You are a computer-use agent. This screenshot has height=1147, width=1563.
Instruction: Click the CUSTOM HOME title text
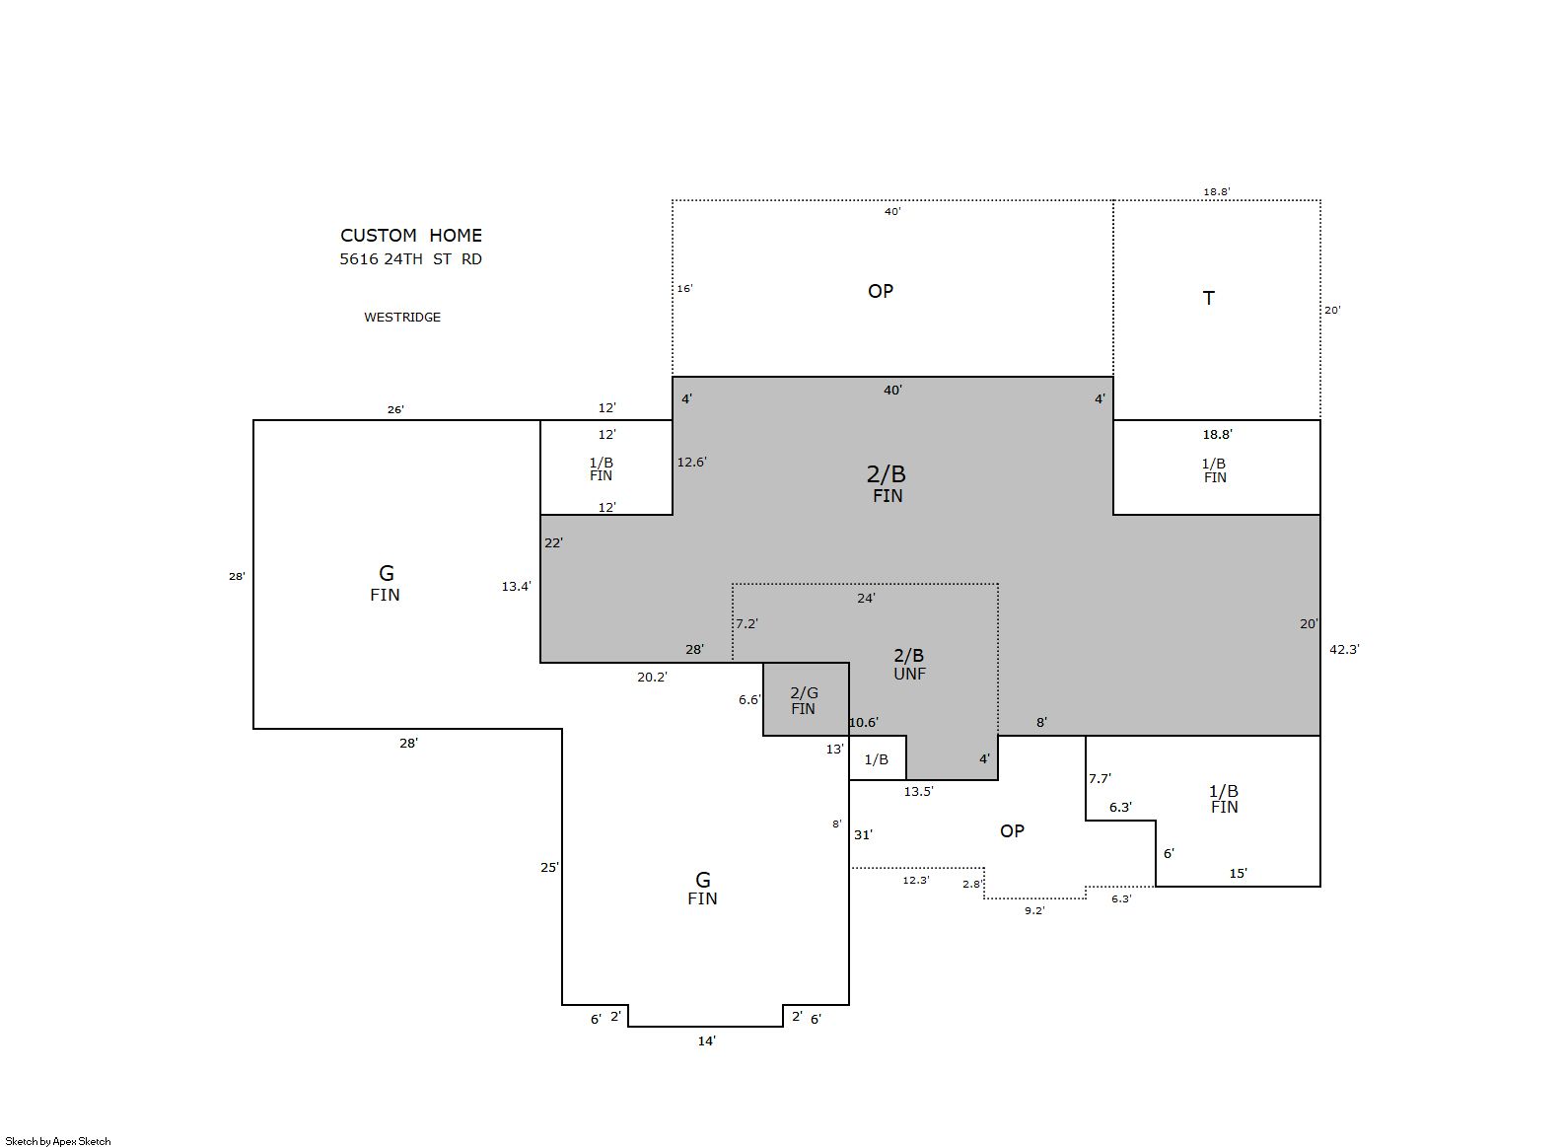point(411,235)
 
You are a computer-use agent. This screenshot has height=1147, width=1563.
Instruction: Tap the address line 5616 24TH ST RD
point(410,259)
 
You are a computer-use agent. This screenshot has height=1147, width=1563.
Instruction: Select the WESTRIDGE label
point(402,318)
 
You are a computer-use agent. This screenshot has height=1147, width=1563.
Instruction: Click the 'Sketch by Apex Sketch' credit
point(58,1141)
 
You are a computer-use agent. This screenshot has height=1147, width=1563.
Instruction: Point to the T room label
point(1209,299)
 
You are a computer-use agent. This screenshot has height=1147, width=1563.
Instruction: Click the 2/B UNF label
point(909,664)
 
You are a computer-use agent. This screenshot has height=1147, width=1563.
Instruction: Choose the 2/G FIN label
point(804,700)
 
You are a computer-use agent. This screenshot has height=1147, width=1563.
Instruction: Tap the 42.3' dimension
point(1344,650)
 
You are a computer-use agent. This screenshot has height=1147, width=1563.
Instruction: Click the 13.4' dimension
point(517,587)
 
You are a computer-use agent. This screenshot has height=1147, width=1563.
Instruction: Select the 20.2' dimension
point(653,677)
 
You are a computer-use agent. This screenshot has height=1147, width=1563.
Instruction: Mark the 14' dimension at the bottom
point(707,1040)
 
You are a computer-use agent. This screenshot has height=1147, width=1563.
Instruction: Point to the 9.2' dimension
point(1034,910)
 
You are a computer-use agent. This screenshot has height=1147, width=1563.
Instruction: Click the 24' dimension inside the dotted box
point(866,598)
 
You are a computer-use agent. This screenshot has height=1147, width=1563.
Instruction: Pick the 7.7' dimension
point(1100,778)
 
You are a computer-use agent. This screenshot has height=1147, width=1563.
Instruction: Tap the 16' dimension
point(684,289)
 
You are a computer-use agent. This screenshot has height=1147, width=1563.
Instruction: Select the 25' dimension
point(550,867)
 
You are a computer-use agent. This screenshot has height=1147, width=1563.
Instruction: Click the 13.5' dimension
point(918,791)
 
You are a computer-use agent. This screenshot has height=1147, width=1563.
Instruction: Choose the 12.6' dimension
point(691,462)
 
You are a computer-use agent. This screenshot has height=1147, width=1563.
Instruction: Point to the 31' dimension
point(863,834)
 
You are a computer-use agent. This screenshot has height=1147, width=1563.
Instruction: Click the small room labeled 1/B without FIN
point(877,759)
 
